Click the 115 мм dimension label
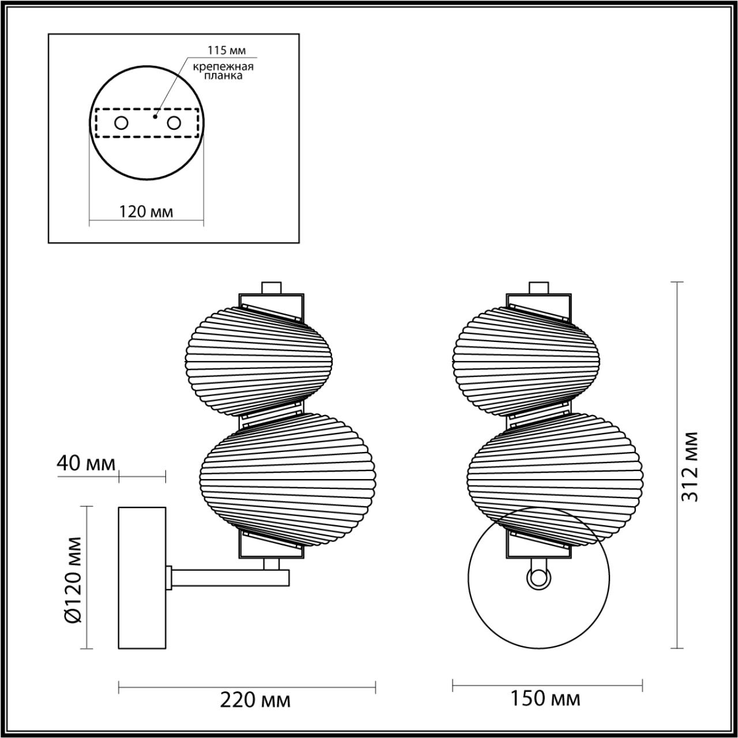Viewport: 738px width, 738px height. (222, 51)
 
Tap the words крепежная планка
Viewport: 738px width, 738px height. (223, 71)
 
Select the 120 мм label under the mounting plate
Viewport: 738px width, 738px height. (146, 211)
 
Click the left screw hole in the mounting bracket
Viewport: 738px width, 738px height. (122, 123)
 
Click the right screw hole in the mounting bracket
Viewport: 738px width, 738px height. (174, 123)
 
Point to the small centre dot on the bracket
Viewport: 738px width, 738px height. (154, 116)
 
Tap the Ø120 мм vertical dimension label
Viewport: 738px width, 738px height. (74, 579)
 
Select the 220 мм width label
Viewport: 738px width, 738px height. (255, 700)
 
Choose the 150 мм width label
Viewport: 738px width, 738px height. (545, 699)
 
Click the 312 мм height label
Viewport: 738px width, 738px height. (690, 466)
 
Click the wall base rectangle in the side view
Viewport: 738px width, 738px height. (142, 577)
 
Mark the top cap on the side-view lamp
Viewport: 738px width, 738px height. (271, 288)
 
